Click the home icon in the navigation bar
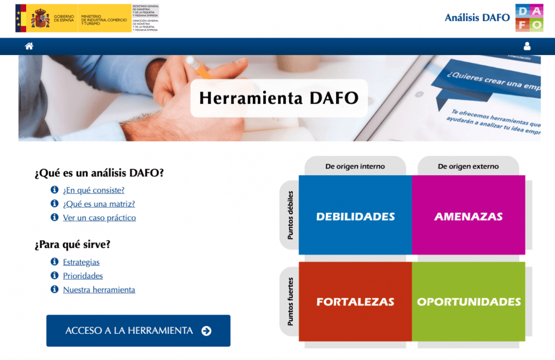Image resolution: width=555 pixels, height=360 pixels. [29, 46]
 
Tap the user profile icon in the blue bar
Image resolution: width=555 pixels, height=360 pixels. [527, 46]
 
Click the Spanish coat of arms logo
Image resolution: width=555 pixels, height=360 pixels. [40, 19]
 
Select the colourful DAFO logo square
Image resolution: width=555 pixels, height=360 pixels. [529, 18]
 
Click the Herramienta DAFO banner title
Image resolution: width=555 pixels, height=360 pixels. [279, 98]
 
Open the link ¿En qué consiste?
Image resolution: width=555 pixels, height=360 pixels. [94, 190]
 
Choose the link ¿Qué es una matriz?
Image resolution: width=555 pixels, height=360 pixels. [99, 204]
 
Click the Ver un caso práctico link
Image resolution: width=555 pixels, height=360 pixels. [99, 218]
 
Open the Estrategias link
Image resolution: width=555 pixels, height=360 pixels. [81, 262]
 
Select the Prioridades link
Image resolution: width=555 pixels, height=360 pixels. [83, 276]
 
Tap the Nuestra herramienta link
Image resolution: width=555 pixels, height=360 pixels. [99, 290]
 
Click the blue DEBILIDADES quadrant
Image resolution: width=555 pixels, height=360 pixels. [355, 216]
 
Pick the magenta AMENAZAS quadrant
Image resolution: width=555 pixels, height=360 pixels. [468, 216]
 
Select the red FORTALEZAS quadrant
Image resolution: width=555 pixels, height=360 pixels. [355, 302]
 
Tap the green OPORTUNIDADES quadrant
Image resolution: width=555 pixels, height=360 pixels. [469, 302]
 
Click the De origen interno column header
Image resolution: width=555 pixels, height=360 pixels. [355, 167]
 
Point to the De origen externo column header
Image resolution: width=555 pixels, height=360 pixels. [468, 167]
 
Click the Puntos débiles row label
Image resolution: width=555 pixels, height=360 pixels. [290, 215]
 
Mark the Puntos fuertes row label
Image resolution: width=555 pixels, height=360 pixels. [290, 301]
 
